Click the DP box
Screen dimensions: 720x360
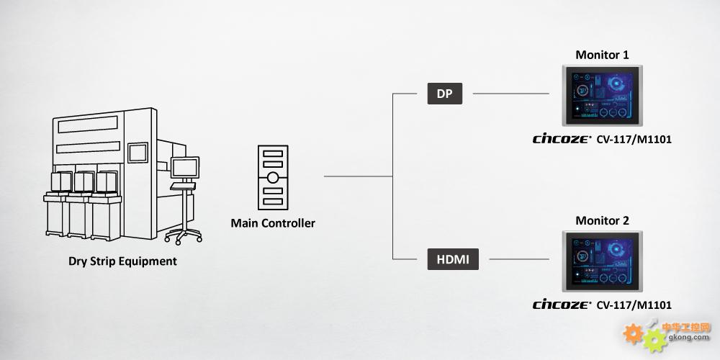[444, 94]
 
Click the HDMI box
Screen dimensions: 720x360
[453, 259]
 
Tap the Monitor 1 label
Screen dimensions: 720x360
[602, 55]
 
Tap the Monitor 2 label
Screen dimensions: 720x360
[602, 220]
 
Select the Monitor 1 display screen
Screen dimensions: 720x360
[603, 96]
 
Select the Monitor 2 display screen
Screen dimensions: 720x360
[603, 261]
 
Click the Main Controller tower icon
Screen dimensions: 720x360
[273, 177]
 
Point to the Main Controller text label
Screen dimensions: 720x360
[273, 224]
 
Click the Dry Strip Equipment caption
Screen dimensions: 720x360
[122, 262]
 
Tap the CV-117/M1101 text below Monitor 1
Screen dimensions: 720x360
[634, 140]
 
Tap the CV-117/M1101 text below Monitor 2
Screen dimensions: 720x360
[634, 305]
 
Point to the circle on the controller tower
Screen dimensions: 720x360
[273, 177]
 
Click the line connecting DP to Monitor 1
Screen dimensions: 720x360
[510, 94]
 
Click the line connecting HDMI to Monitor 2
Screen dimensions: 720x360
[519, 259]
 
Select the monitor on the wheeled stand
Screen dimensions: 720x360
[184, 168]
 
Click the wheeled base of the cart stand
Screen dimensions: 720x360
[183, 235]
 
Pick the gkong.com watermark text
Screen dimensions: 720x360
[686, 338]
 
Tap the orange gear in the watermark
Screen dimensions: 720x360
[633, 334]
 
